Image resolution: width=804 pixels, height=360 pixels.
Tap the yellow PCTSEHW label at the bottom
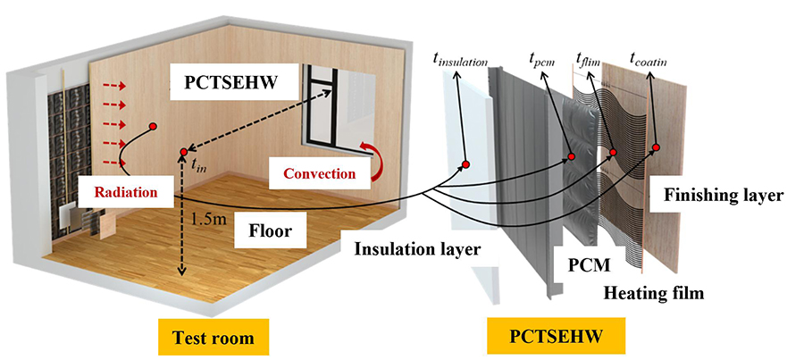555,338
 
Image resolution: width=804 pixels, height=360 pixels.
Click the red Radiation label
122,192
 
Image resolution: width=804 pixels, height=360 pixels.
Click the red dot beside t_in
183,152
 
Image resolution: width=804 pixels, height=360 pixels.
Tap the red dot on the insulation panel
465,164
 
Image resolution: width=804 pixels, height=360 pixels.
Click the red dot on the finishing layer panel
656,147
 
